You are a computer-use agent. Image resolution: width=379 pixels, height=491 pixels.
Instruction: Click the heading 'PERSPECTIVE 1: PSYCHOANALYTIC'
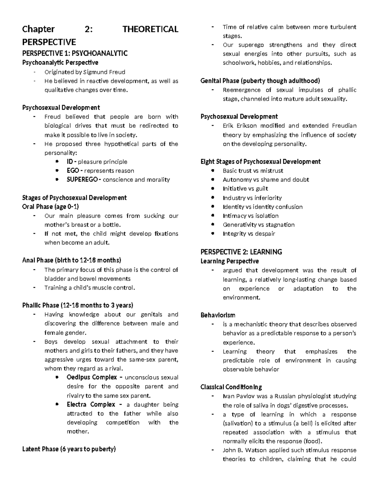coord(75,53)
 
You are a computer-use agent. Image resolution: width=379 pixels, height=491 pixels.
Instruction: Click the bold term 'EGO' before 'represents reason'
coord(73,171)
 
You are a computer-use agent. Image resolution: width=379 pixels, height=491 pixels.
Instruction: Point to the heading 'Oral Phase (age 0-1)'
coord(51,207)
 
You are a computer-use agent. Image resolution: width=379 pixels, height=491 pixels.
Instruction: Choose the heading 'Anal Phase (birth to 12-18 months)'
coord(72,261)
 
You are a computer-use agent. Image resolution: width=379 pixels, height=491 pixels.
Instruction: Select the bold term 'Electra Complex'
coord(91,405)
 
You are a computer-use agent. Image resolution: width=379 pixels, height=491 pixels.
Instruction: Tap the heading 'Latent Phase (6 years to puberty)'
coord(69,449)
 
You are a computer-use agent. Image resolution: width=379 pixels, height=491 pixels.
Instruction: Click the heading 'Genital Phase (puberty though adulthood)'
coord(260,81)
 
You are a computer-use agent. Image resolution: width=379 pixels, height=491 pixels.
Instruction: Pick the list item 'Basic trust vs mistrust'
coord(253,171)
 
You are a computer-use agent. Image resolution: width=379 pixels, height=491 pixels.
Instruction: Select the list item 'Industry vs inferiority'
coord(252,198)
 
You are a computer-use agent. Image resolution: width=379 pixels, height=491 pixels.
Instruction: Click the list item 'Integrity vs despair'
coord(249,234)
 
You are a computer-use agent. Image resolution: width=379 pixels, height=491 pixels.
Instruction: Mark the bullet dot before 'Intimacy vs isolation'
coord(213,216)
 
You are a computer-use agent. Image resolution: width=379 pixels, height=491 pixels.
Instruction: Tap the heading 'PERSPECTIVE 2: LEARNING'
coord(241,252)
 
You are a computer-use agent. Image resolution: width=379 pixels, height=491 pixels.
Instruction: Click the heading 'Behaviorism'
coord(218,315)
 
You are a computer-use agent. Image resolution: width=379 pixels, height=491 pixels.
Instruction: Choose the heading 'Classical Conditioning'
coord(231,387)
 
